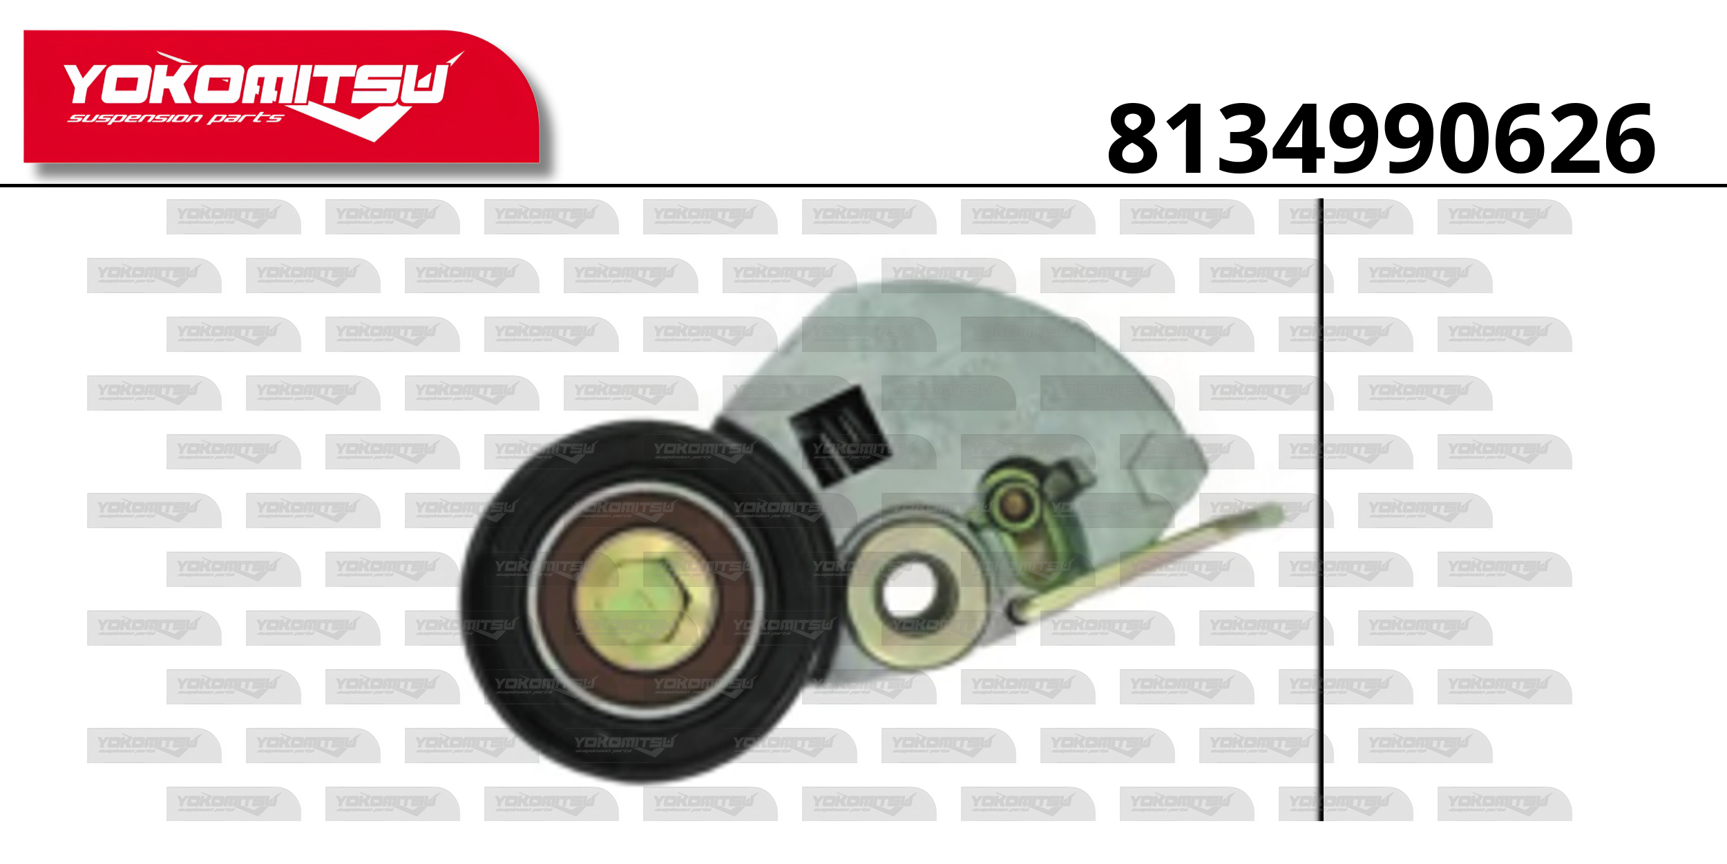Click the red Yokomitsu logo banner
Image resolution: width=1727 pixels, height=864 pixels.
pyautogui.click(x=281, y=96)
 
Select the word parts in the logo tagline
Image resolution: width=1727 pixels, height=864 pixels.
pyautogui.click(x=245, y=118)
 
